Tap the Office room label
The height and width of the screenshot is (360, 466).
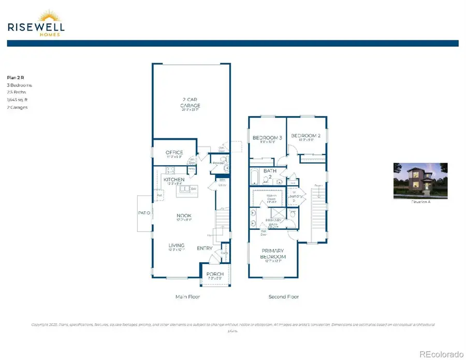(x=174, y=152)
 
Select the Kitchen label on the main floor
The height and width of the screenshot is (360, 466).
(x=174, y=179)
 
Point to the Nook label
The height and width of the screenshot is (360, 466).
(x=184, y=215)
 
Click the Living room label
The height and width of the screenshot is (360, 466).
(x=176, y=246)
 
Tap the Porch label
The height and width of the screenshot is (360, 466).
(x=215, y=274)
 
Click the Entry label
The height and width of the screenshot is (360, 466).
(x=205, y=248)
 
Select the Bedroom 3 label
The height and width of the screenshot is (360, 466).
(x=267, y=138)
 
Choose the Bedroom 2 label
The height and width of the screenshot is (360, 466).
(x=305, y=135)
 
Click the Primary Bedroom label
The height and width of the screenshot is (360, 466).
(x=273, y=254)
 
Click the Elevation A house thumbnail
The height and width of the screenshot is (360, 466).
(x=420, y=181)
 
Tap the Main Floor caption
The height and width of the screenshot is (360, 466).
(x=187, y=297)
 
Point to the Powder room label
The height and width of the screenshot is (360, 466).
(x=217, y=162)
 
